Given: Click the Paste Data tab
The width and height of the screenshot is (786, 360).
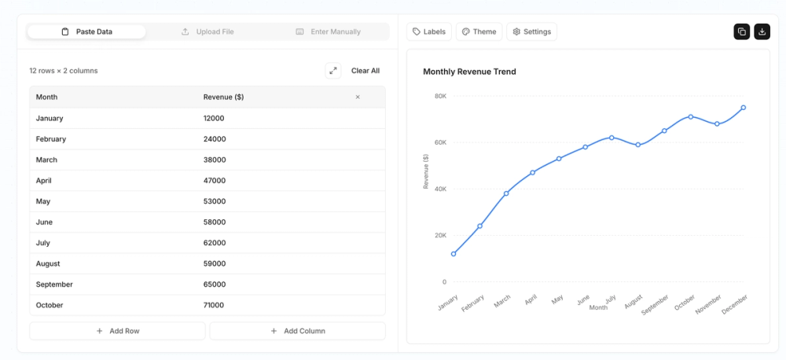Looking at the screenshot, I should pyautogui.click(x=86, y=31).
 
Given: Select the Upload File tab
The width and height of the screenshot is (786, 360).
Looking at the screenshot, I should pyautogui.click(x=208, y=31).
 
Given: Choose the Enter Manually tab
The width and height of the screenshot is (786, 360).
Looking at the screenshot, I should pyautogui.click(x=328, y=31).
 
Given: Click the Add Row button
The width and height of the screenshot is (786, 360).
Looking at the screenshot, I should pyautogui.click(x=117, y=331).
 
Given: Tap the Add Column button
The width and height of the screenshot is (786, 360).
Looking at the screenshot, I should pyautogui.click(x=297, y=331).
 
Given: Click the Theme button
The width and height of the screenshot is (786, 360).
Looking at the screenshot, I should pyautogui.click(x=479, y=31).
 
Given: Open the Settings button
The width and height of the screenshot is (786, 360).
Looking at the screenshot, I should pyautogui.click(x=531, y=31).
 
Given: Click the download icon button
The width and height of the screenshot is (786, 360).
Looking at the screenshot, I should pyautogui.click(x=762, y=31).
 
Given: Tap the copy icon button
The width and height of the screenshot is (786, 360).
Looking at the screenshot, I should pyautogui.click(x=741, y=31).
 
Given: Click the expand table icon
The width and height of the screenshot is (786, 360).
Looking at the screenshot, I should pyautogui.click(x=333, y=71).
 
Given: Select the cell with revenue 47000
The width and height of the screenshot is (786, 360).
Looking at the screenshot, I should pyautogui.click(x=215, y=180).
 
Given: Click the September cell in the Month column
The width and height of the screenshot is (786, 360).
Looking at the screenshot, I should pyautogui.click(x=55, y=285).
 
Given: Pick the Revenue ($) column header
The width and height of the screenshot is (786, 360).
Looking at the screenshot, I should pyautogui.click(x=223, y=97).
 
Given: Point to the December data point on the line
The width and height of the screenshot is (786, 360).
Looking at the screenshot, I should pyautogui.click(x=743, y=108).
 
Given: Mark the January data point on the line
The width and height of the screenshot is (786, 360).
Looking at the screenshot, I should pyautogui.click(x=454, y=254).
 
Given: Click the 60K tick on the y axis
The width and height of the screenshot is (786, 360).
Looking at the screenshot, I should pyautogui.click(x=439, y=142).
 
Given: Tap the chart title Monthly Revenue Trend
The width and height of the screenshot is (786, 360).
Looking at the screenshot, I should pyautogui.click(x=469, y=72).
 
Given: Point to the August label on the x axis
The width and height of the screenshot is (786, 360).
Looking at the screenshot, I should pyautogui.click(x=634, y=303).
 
